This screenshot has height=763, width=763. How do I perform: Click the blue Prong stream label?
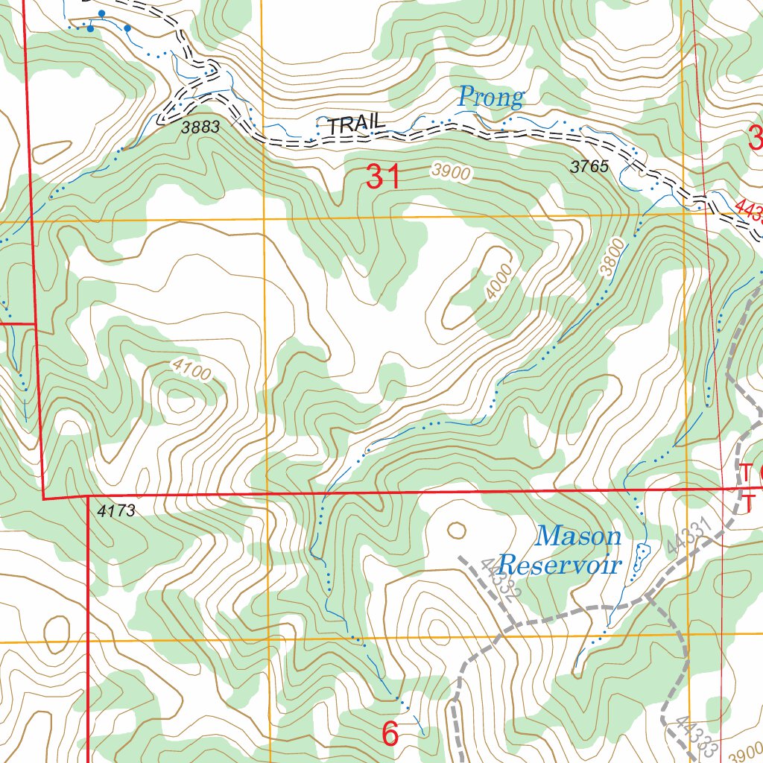click(x=490, y=97)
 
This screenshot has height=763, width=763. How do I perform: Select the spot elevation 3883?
click(x=200, y=127)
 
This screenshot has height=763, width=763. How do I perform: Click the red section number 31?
click(x=383, y=177)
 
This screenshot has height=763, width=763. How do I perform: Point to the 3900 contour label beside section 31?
click(x=451, y=173)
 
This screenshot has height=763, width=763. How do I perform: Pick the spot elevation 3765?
click(x=589, y=167)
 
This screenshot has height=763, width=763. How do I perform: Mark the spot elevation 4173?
click(x=116, y=511)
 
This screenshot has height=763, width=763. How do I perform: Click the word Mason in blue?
click(x=579, y=536)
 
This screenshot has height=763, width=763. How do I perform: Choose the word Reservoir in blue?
click(x=560, y=564)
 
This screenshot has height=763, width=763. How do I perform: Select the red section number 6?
click(x=390, y=734)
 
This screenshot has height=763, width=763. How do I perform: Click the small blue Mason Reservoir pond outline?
click(x=640, y=557)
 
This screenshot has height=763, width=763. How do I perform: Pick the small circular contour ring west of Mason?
click(x=456, y=531)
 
